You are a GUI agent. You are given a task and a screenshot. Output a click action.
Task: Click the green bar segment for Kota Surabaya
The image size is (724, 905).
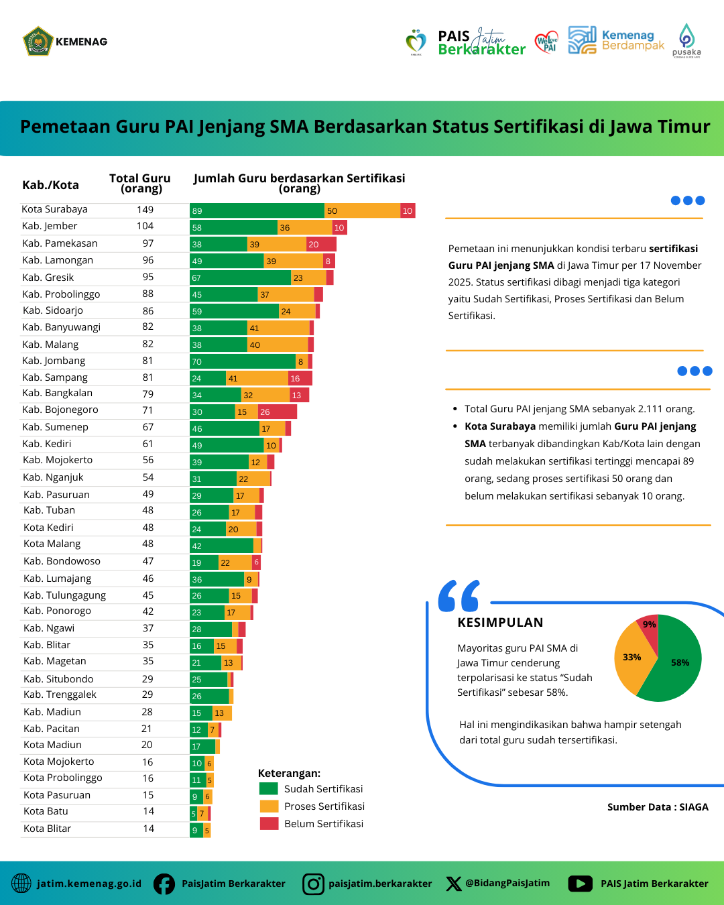click(257, 210)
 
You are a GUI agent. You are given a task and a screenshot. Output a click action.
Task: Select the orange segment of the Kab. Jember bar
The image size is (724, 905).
click(305, 227)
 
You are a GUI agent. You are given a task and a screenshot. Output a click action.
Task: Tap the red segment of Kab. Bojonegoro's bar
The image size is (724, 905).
click(278, 412)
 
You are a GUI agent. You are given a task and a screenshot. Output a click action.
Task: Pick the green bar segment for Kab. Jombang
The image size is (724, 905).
click(243, 361)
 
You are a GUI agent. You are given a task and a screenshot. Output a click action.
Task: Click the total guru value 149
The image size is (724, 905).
click(145, 210)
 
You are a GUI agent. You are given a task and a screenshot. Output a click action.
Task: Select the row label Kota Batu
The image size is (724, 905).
click(46, 811)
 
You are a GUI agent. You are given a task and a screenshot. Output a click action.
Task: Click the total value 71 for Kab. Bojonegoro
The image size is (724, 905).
click(147, 410)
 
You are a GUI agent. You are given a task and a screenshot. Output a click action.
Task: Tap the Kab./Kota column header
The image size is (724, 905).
click(50, 185)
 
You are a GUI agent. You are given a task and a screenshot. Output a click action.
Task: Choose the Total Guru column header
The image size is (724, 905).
click(140, 182)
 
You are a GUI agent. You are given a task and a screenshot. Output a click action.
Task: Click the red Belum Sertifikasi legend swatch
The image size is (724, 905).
click(269, 823)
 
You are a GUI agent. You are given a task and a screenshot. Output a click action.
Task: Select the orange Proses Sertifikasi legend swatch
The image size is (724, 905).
click(269, 806)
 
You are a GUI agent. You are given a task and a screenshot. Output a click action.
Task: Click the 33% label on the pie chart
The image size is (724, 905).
click(631, 657)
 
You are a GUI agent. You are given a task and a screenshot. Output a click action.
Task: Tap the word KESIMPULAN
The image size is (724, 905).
click(500, 622)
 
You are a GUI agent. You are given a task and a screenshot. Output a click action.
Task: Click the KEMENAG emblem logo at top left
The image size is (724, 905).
click(38, 42)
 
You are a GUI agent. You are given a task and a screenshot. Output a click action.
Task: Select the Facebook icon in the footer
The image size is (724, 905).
click(164, 884)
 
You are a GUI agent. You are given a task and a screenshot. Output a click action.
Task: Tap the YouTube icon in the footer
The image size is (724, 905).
click(581, 884)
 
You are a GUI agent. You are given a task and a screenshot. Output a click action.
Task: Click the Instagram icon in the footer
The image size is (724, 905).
click(313, 884)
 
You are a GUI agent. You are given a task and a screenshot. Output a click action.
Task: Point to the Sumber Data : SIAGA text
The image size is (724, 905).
click(658, 807)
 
